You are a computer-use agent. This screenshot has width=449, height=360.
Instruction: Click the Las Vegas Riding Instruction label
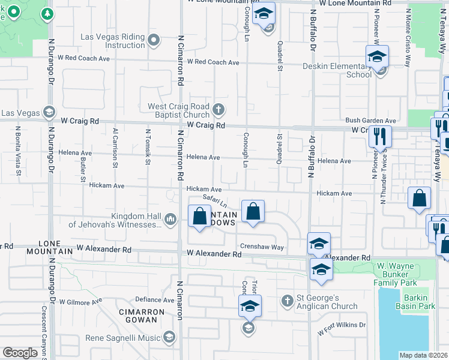(113, 41)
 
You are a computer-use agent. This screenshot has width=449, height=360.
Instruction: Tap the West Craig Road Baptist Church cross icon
(218, 110)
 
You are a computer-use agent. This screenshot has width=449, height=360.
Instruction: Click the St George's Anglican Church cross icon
(288, 299)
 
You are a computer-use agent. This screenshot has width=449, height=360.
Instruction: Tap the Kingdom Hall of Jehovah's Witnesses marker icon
(170, 220)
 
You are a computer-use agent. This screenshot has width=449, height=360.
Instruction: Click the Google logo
(20, 353)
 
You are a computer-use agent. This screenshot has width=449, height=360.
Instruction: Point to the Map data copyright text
(423, 355)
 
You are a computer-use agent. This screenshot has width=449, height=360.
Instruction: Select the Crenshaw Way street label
(262, 247)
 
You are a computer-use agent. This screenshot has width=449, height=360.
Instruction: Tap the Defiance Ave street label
(154, 299)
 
